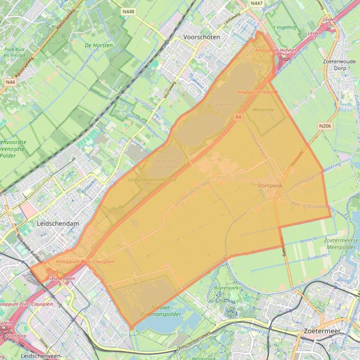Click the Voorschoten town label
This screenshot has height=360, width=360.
tap(202, 37)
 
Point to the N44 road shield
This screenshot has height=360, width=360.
tap(10, 82)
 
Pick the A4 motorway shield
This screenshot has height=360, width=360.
tap(239, 117)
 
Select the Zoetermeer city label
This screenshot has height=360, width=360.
tap(322, 331)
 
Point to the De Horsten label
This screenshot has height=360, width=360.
tap(99, 45)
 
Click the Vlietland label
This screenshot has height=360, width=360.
tap(225, 105)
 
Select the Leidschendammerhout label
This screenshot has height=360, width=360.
tap(152, 180)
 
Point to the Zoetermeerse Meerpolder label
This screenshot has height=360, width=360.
tap(341, 243)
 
